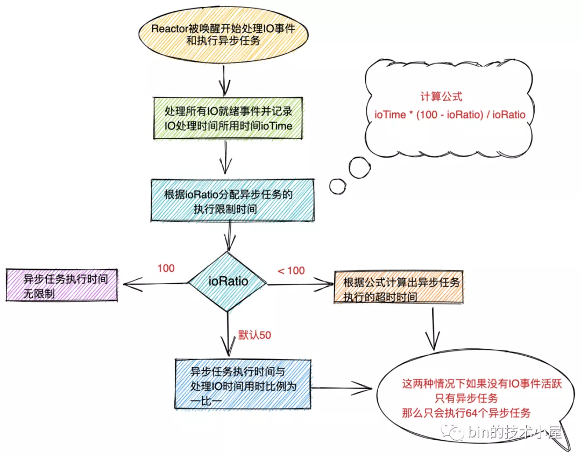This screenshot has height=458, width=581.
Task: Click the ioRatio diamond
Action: coord(228,281)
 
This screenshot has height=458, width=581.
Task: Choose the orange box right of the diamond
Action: coord(397,288)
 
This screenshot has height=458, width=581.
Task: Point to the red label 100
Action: coord(166,268)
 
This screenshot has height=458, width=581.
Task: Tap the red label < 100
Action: coord(291,271)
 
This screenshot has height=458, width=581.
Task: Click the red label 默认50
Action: coord(254,335)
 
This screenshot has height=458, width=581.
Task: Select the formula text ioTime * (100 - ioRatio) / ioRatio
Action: coord(450,115)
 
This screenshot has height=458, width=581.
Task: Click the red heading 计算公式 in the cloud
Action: coord(441,97)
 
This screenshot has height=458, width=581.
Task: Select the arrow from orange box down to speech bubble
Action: coord(432,328)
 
